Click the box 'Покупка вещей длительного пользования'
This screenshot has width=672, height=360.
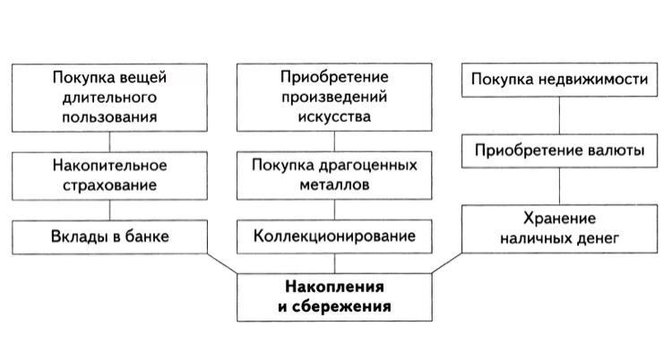click(x=109, y=97)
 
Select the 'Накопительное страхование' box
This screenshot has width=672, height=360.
click(x=109, y=176)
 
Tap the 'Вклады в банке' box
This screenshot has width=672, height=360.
click(x=109, y=236)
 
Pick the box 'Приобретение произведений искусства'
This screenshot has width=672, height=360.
click(x=335, y=97)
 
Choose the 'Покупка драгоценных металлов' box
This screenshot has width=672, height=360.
click(x=335, y=176)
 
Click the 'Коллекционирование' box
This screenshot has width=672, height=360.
click(x=335, y=236)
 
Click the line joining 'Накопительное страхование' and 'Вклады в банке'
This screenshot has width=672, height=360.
click(x=109, y=209)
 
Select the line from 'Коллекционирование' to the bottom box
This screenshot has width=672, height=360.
click(x=335, y=262)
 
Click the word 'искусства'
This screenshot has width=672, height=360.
click(x=335, y=116)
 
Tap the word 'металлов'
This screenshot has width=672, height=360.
click(x=335, y=185)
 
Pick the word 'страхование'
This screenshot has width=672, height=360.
click(x=109, y=185)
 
